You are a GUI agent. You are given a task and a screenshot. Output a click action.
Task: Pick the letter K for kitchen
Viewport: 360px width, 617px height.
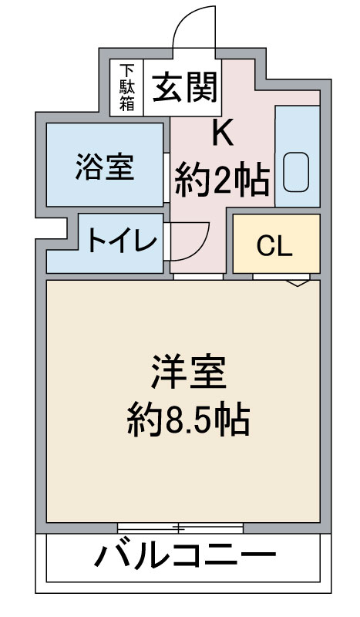point(222,134)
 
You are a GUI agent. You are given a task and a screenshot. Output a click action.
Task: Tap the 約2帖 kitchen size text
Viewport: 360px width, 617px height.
point(221,182)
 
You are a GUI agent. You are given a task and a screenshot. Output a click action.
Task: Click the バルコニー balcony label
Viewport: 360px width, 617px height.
point(186,556)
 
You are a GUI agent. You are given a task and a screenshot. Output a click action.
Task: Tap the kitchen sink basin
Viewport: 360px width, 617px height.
point(296,171)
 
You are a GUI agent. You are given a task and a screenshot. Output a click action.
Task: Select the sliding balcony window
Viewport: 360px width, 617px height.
point(180,528)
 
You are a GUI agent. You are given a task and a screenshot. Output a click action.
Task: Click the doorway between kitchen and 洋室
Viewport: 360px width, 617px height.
point(197,275)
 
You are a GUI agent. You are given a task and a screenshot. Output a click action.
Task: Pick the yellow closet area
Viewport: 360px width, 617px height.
point(276,243)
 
